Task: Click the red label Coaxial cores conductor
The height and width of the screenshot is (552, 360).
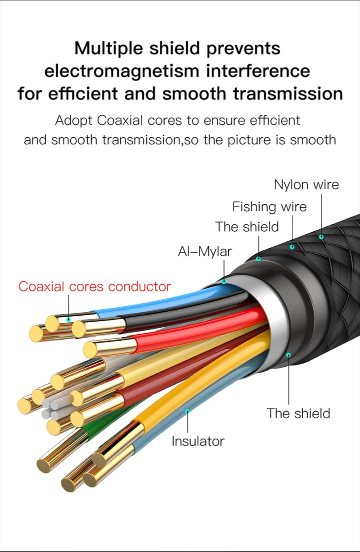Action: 94,287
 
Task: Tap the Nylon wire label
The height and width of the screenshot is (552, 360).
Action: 306,184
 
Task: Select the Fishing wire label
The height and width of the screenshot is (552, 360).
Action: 269,206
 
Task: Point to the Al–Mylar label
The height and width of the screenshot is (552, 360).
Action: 204,251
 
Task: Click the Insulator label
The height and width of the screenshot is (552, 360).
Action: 197,441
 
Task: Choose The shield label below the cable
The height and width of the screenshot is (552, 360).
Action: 298,413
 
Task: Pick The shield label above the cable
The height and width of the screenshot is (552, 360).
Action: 246,227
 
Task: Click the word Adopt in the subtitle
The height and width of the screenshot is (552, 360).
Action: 74,120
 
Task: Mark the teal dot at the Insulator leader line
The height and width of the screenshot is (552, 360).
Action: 187,412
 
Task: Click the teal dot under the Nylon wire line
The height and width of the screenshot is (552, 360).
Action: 321,237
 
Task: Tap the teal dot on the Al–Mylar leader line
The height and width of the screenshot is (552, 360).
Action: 224,281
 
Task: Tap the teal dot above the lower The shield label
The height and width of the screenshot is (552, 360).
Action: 288,355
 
